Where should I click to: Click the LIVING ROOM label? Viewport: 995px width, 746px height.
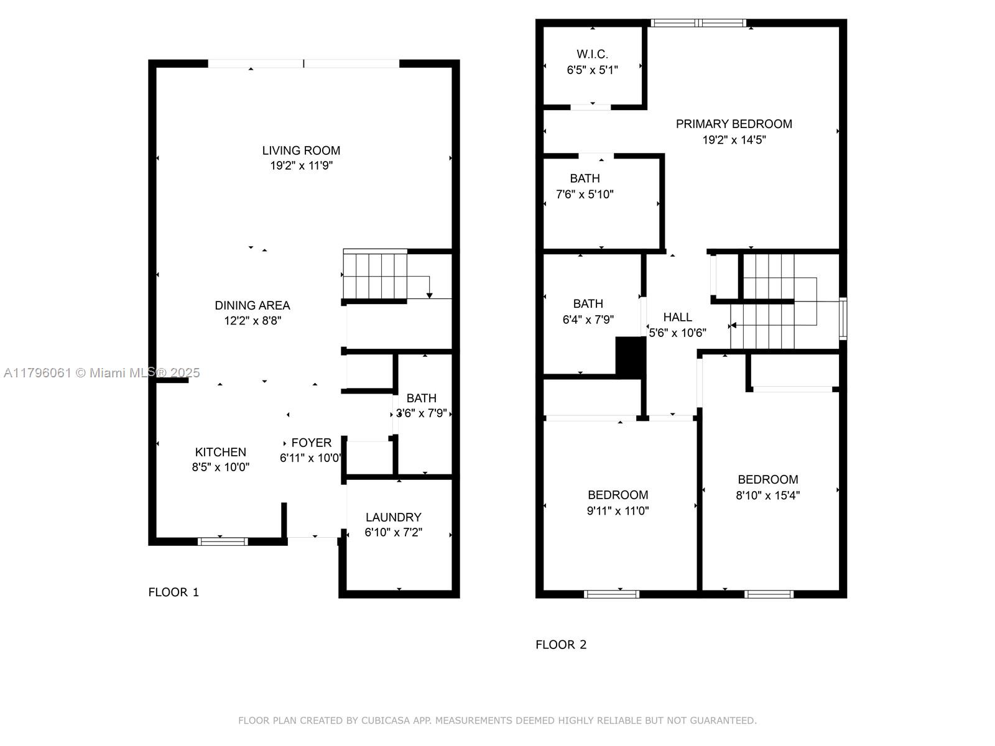coord(301,150)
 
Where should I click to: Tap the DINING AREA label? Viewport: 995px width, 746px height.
coord(252,305)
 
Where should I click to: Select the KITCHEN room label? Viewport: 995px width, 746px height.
coord(220,452)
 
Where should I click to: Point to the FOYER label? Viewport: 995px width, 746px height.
coord(311,443)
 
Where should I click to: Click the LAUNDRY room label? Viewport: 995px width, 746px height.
coord(394,517)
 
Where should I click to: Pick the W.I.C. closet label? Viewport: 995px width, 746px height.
coord(592,54)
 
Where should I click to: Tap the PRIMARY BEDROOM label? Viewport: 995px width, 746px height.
coord(734,124)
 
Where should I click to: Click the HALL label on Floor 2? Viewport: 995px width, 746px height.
coord(678,317)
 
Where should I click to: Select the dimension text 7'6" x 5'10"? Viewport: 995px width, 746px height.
coord(585,195)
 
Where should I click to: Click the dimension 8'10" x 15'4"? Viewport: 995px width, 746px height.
coord(767,495)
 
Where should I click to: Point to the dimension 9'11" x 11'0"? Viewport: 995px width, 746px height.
coord(618,511)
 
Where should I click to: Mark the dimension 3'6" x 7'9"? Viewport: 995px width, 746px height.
coord(422,413)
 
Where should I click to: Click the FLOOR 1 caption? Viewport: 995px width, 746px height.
coord(174,592)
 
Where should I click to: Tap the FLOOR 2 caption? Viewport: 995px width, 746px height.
coord(561,645)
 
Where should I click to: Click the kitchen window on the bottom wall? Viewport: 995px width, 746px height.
coord(223,541)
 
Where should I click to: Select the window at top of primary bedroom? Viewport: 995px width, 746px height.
coord(698,22)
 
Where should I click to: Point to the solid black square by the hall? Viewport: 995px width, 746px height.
coord(631,356)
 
